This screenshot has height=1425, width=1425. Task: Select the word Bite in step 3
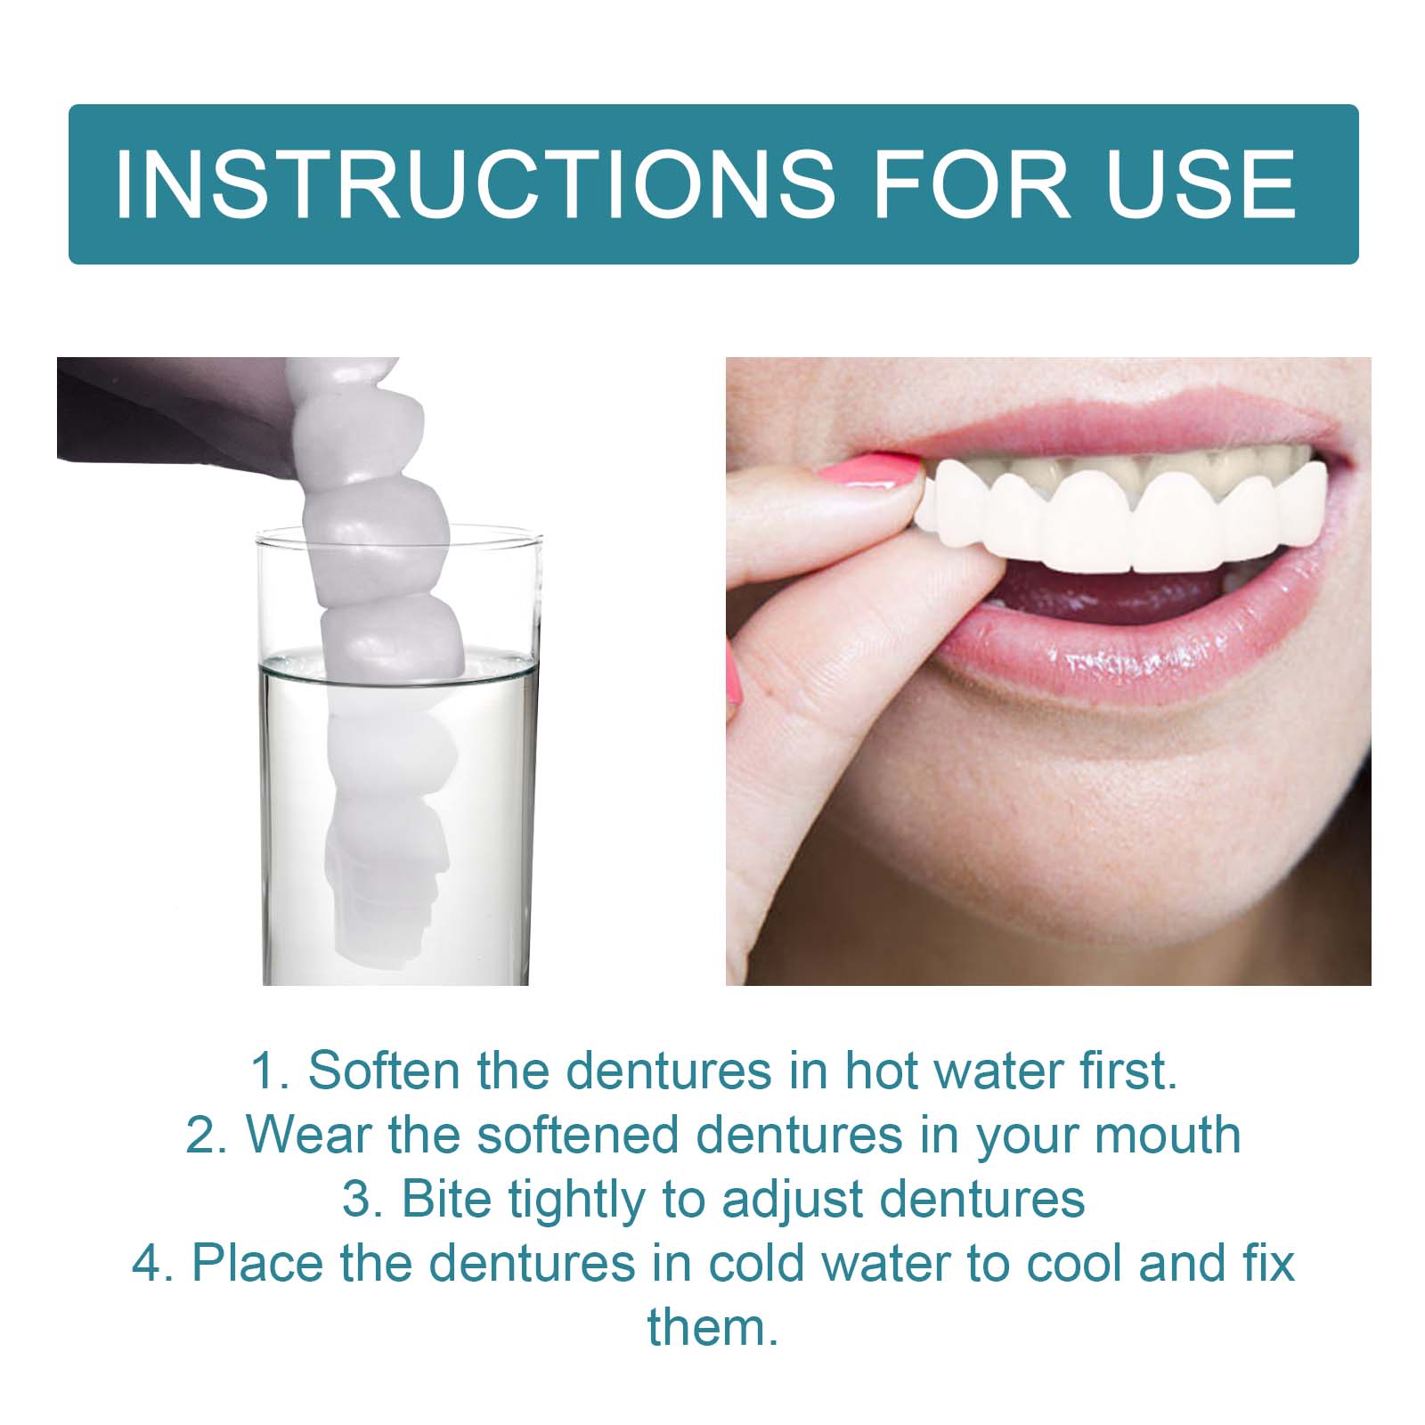pyautogui.click(x=446, y=1199)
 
